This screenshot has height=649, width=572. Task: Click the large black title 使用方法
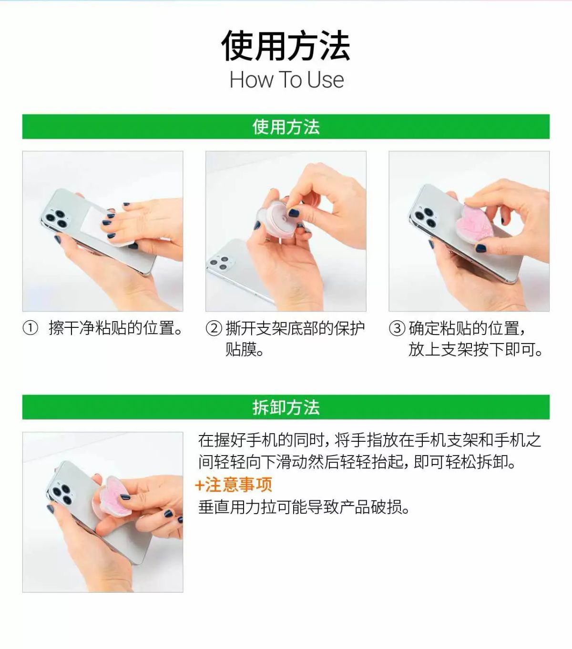pyautogui.click(x=286, y=46)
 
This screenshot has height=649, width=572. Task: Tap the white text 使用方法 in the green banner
pyautogui.click(x=286, y=127)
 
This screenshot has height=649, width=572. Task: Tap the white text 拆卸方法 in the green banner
pyautogui.click(x=286, y=407)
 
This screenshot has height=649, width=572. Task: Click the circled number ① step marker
pyautogui.click(x=30, y=328)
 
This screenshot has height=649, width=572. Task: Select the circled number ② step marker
pyautogui.click(x=214, y=328)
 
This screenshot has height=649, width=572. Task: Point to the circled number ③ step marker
pyautogui.click(x=397, y=328)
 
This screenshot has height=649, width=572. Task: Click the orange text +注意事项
pyautogui.click(x=234, y=484)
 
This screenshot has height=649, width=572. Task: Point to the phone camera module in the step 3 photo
pyautogui.click(x=425, y=216)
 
